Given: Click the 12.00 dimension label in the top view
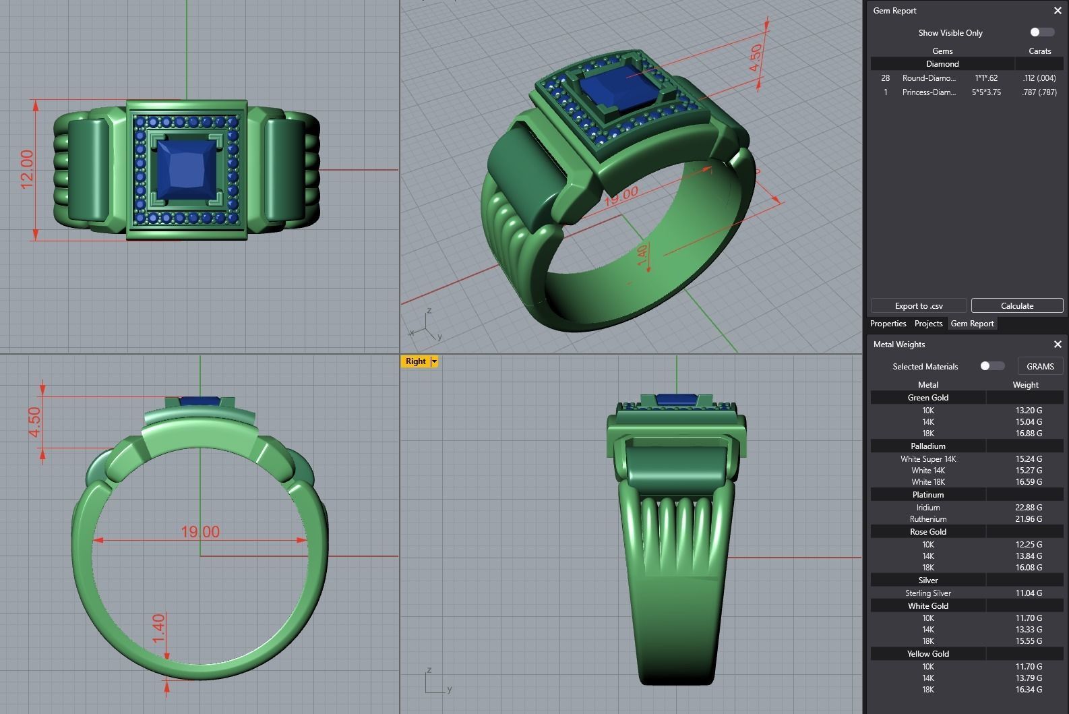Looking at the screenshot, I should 27,169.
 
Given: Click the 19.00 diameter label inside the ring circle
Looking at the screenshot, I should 200,532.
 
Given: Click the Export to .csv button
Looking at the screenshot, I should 919,306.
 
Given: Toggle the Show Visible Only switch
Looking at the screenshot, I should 1041,32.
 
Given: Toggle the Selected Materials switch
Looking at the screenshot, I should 991,366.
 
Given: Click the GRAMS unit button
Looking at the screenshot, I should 1039,366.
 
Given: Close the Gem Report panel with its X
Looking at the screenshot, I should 1058,11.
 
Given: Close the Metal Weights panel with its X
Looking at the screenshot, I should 1058,345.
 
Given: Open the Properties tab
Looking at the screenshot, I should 888,324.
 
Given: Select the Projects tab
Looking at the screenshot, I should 928,324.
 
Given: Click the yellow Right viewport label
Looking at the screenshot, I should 416,361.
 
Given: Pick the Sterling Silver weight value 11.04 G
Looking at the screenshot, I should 1029,593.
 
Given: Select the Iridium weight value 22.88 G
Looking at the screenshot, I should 1029,508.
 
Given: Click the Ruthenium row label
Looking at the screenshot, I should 928,519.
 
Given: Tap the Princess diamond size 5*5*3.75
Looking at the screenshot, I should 986,92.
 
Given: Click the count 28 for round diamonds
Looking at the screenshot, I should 886,78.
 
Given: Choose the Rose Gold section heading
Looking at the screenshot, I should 928,532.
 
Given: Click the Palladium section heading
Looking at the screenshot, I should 928,446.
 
